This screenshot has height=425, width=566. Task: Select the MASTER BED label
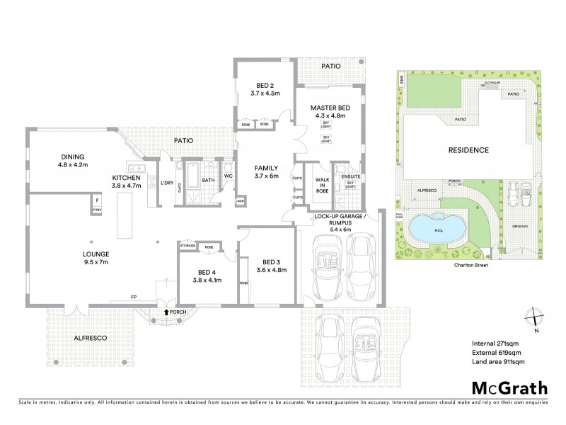[x=327, y=108]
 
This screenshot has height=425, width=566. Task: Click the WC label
[x=228, y=176]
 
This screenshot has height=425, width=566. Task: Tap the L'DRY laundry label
[x=167, y=182]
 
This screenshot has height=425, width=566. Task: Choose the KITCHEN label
[x=127, y=177]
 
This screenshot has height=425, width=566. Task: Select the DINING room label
[x=72, y=157]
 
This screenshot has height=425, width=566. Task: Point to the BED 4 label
[x=207, y=272]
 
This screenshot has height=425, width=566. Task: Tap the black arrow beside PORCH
[x=166, y=311]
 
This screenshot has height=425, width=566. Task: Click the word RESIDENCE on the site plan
[x=468, y=150]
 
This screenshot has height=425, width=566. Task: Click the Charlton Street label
[x=468, y=268]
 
